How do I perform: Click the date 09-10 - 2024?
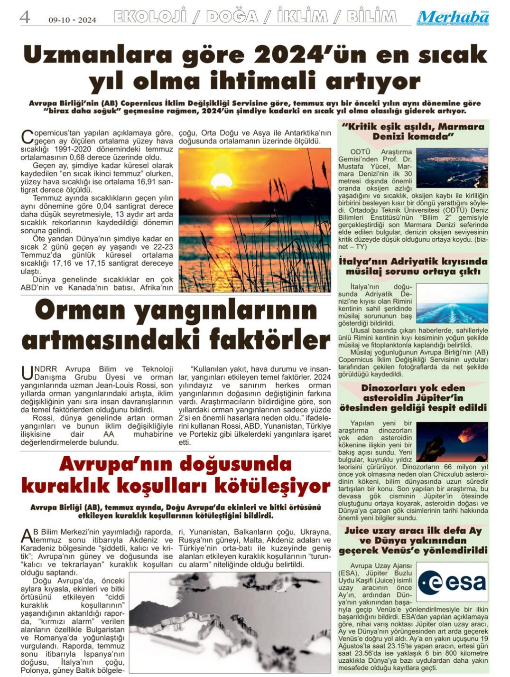(72, 20)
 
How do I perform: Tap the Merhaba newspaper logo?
(453, 18)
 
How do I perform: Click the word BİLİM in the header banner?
(371, 17)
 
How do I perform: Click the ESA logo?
(452, 582)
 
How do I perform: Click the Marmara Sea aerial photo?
(452, 168)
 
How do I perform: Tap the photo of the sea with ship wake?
(452, 303)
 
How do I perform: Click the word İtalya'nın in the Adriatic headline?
(363, 262)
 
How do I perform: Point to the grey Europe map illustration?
(230, 622)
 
